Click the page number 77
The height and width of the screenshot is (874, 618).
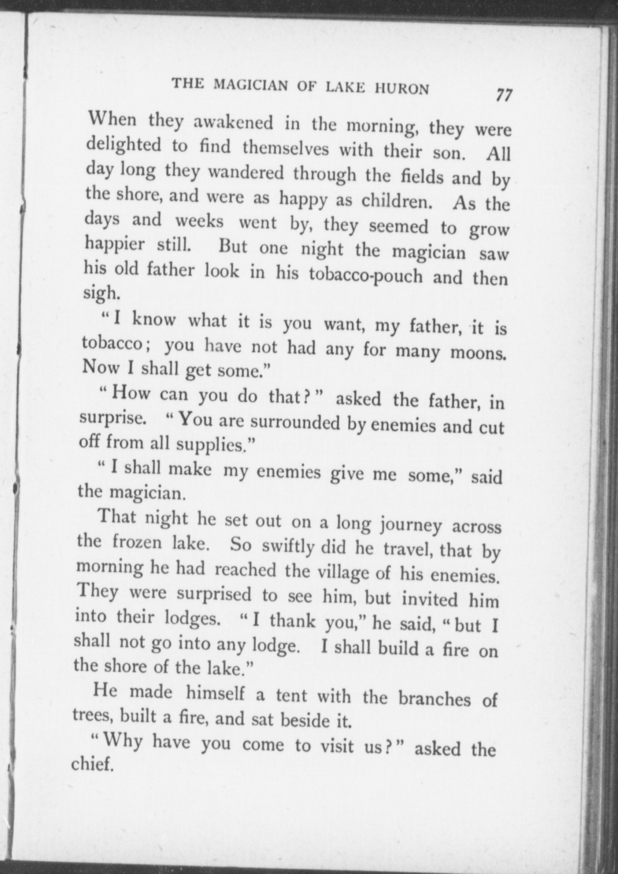(x=504, y=95)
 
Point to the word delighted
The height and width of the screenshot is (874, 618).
(x=123, y=145)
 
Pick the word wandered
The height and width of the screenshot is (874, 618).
(x=247, y=172)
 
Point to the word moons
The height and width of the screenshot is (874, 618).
(x=478, y=353)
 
